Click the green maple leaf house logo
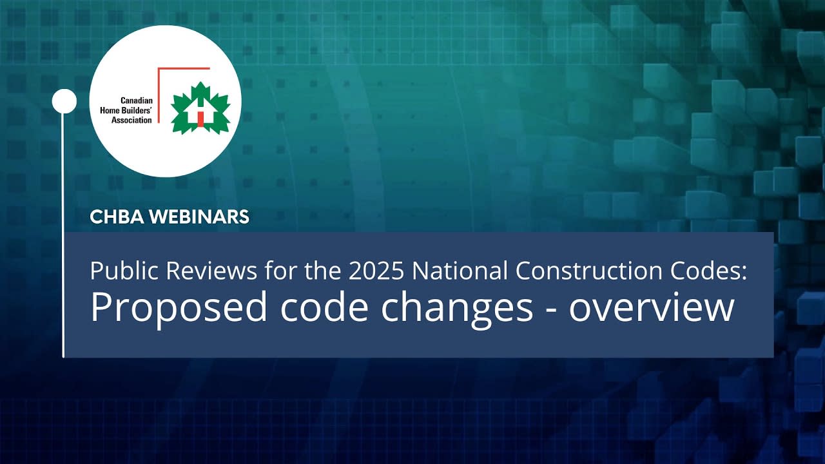pyautogui.click(x=200, y=108)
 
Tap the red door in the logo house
pyautogui.click(x=200, y=119)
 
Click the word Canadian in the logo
pyautogui.click(x=137, y=101)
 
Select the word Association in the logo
pyautogui.click(x=132, y=121)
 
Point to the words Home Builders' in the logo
pyautogui.click(x=128, y=111)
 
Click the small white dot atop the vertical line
pyautogui.click(x=64, y=101)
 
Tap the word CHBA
pyautogui.click(x=117, y=217)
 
